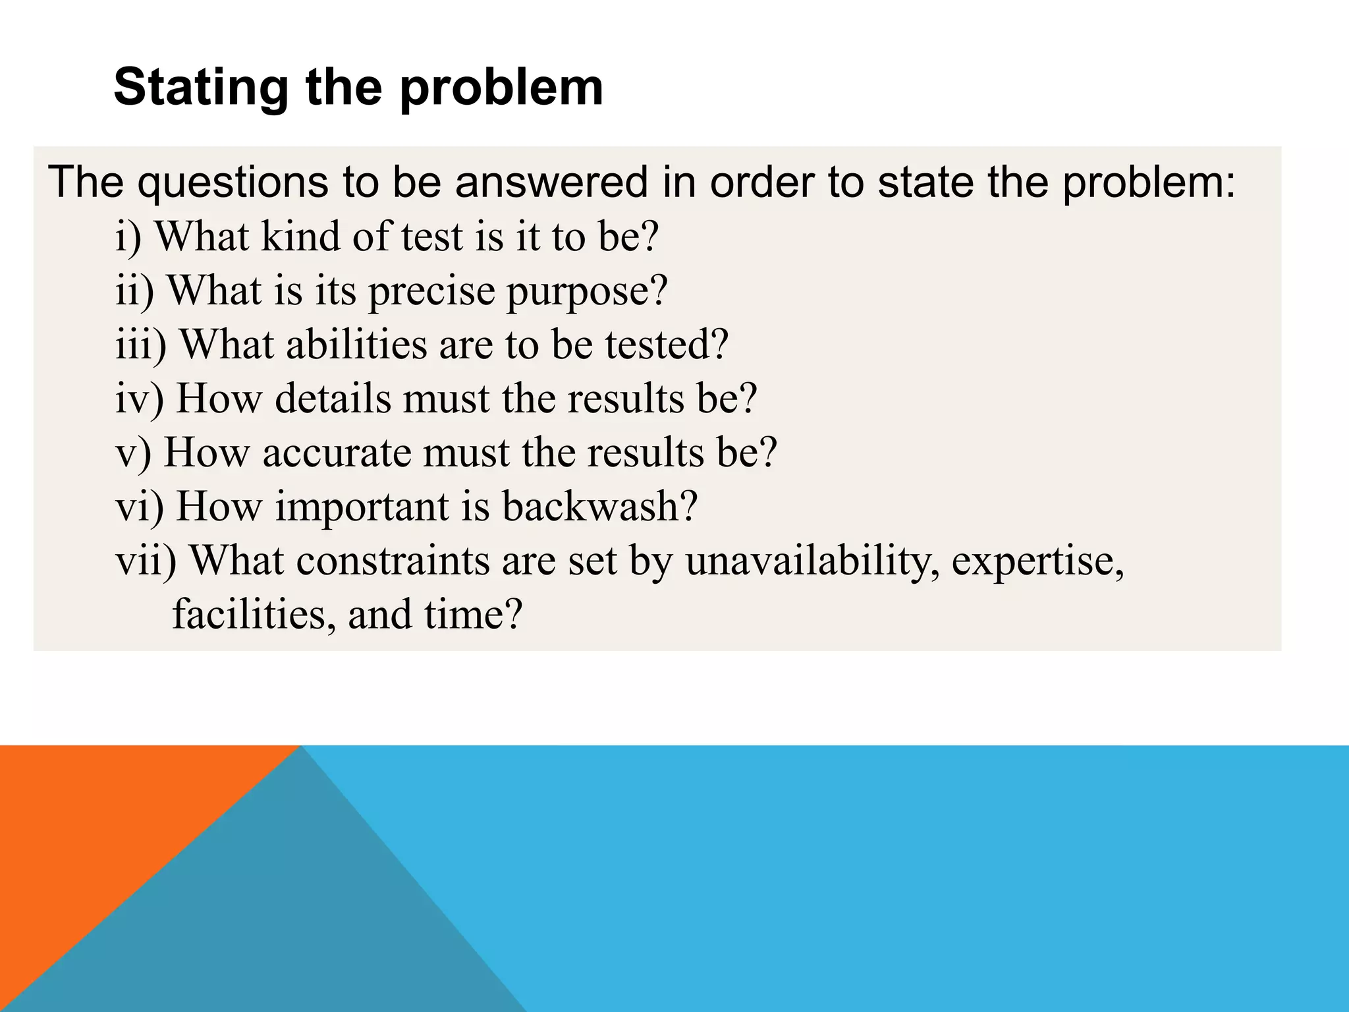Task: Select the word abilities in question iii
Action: pos(356,345)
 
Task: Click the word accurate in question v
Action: pos(337,453)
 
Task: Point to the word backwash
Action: pos(599,507)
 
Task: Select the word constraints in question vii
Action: pos(393,561)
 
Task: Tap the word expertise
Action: pos(1037,561)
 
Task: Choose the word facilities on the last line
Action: pos(254,615)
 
